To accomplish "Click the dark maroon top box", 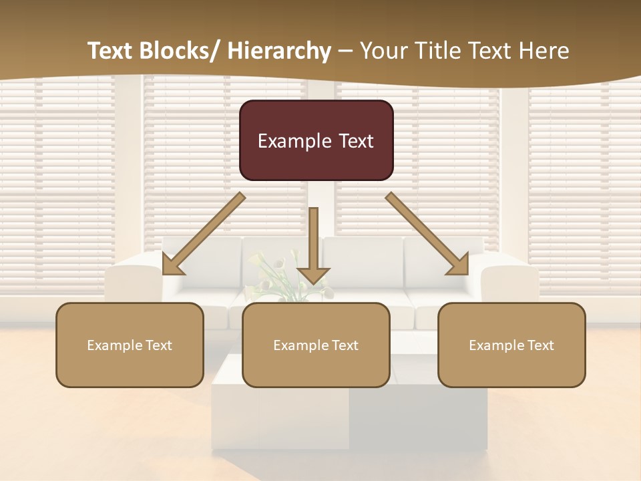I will tap(316, 140).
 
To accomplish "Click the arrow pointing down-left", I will tap(204, 234).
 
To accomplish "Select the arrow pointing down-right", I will tap(427, 234).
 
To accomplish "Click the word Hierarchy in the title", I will tap(279, 51).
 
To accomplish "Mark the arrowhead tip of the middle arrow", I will tap(313, 283).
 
